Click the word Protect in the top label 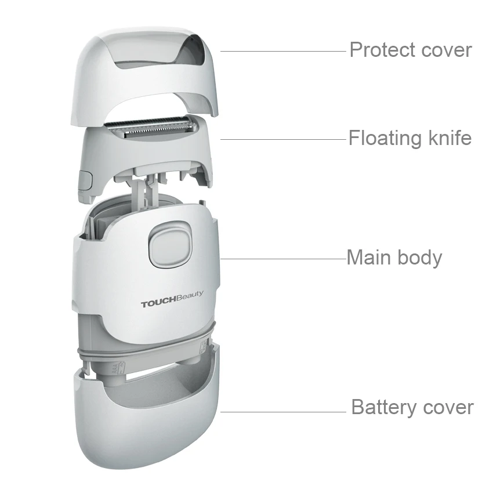[x=378, y=50]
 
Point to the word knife [x=448, y=138]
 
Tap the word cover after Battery [x=448, y=407]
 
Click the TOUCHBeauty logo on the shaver [x=172, y=303]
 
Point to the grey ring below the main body [x=145, y=346]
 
